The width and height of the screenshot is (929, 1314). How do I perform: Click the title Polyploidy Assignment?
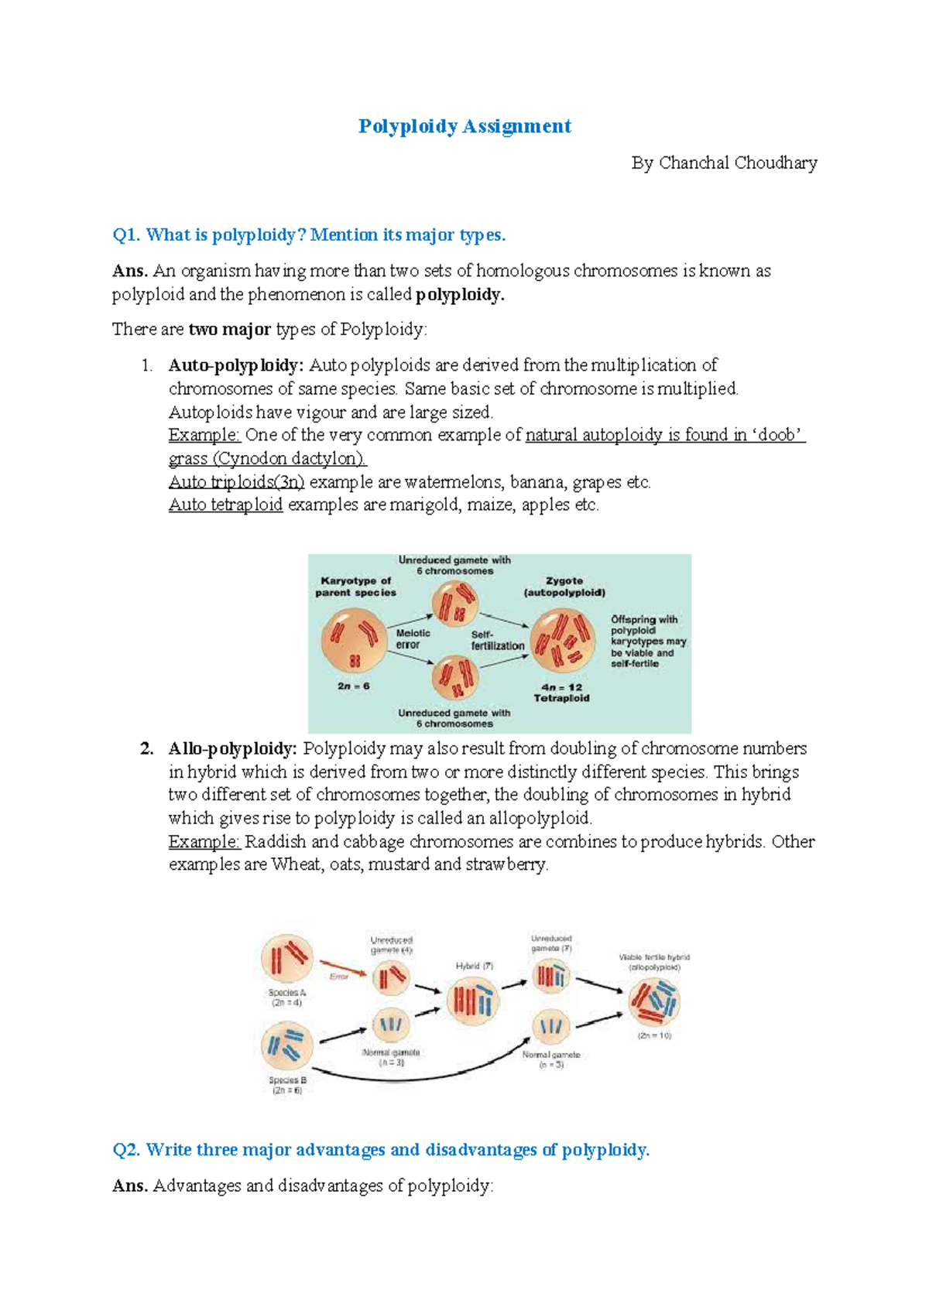click(x=464, y=126)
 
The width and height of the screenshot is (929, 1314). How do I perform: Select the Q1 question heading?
click(x=309, y=235)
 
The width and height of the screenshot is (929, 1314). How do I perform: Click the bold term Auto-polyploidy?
click(x=235, y=365)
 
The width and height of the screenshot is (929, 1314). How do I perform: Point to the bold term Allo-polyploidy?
click(x=232, y=749)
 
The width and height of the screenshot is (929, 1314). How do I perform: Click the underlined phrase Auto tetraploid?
click(x=225, y=505)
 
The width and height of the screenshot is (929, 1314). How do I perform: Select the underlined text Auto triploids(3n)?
click(x=236, y=482)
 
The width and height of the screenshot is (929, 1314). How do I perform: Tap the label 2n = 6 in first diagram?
click(x=353, y=686)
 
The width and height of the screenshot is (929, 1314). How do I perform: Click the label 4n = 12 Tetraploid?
click(x=561, y=693)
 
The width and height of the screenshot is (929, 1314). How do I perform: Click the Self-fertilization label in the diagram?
click(x=497, y=640)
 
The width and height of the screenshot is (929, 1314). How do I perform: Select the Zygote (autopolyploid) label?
click(x=564, y=587)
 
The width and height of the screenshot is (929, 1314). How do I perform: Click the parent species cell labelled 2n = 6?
click(x=354, y=640)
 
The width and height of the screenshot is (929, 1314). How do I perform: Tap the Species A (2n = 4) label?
click(x=287, y=997)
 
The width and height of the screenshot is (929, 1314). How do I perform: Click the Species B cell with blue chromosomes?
click(x=287, y=1045)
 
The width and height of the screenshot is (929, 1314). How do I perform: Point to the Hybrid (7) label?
click(x=474, y=966)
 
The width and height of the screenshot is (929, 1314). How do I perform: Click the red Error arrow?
click(x=345, y=967)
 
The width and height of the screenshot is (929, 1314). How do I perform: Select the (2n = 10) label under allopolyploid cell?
click(x=654, y=1035)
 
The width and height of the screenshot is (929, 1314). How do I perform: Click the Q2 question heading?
click(x=381, y=1150)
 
